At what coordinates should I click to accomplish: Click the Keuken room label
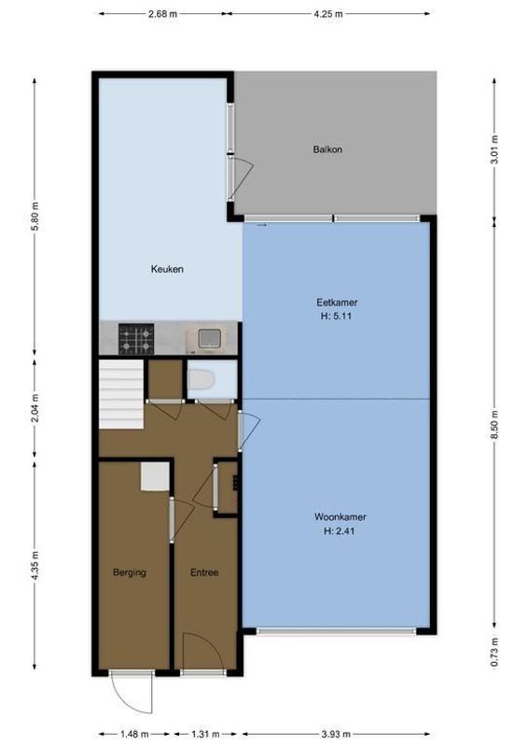tap(168, 269)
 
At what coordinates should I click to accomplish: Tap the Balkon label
tap(327, 148)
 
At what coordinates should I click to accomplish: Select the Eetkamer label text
tap(337, 303)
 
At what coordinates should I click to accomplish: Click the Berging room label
tap(130, 572)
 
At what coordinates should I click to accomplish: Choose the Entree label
tap(204, 572)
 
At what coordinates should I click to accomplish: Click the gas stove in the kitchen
tap(135, 337)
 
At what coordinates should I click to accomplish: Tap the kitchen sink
tap(206, 338)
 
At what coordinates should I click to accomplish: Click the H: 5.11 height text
tap(337, 316)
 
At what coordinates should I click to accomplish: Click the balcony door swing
tap(242, 173)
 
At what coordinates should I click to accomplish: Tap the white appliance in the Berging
tap(154, 477)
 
